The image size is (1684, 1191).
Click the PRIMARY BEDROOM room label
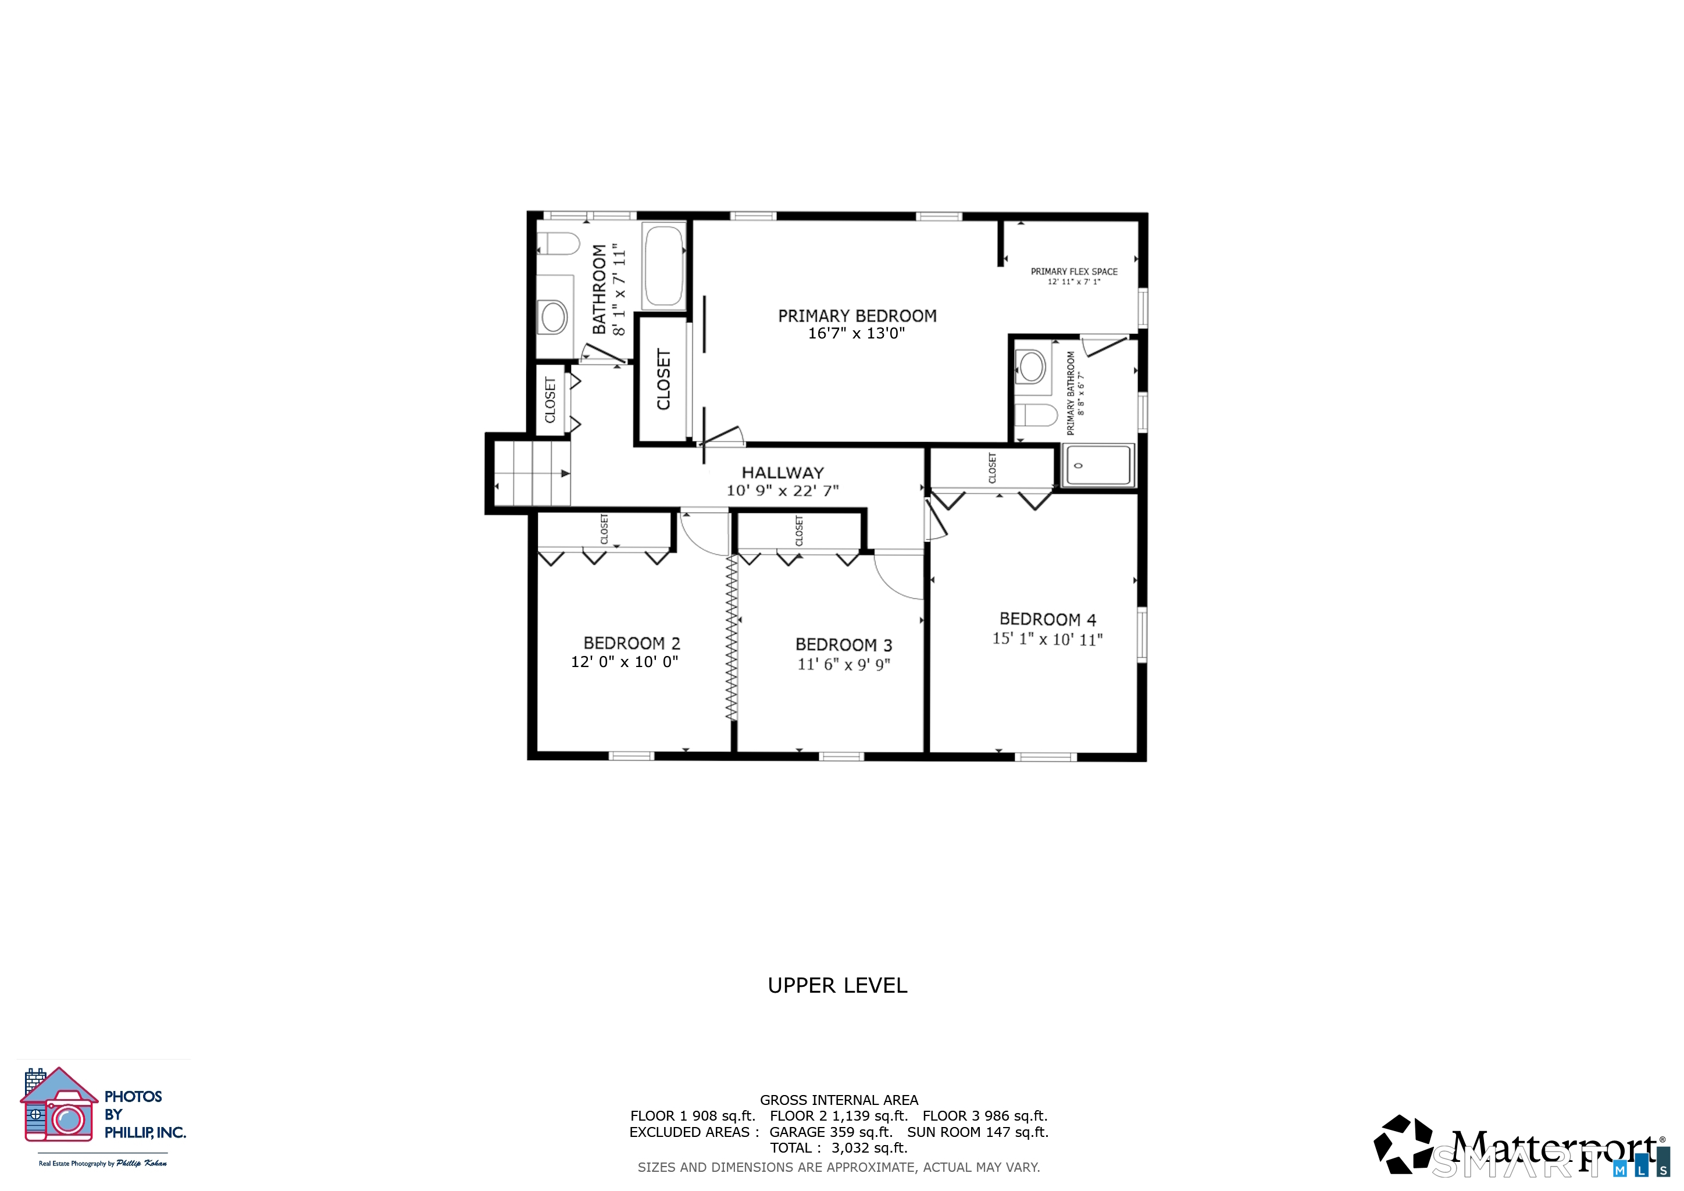click(857, 316)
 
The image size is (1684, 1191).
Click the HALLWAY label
click(783, 473)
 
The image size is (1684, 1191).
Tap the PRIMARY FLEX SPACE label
click(1074, 272)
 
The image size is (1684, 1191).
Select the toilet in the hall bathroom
click(558, 244)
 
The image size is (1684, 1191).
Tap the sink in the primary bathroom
click(1033, 365)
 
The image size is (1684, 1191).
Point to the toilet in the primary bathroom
click(1036, 415)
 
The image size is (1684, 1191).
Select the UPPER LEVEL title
click(837, 985)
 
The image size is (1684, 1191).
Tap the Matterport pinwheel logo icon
click(1403, 1144)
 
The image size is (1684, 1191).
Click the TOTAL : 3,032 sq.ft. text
click(839, 1148)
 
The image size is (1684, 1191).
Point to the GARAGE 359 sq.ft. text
click(830, 1132)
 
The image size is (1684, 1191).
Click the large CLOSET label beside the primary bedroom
click(663, 379)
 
